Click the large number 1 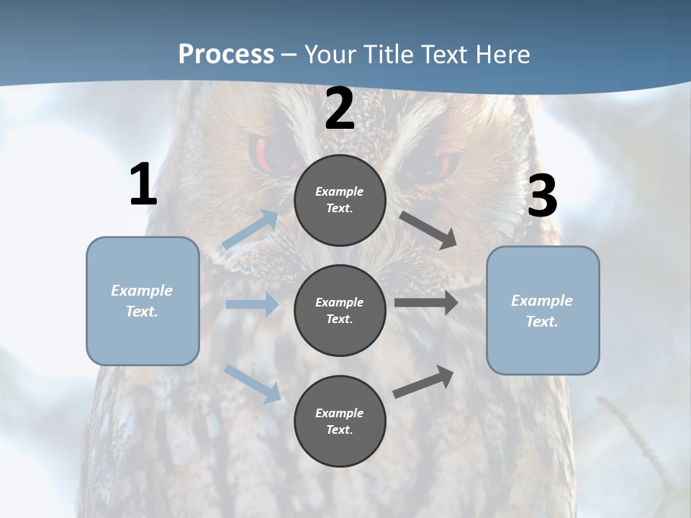click(x=143, y=185)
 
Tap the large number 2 click(x=340, y=109)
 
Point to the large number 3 click(x=542, y=196)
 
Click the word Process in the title click(x=226, y=54)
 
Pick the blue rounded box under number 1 click(x=143, y=301)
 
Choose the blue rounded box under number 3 click(x=543, y=310)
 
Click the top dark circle click(x=340, y=200)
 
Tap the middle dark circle click(x=340, y=310)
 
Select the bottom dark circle click(x=340, y=421)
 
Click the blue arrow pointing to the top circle click(x=250, y=230)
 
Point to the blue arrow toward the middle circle click(x=252, y=304)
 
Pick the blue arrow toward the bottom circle click(x=253, y=383)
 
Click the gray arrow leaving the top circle click(x=428, y=230)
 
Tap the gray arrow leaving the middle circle click(x=426, y=303)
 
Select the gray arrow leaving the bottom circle click(x=423, y=381)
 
